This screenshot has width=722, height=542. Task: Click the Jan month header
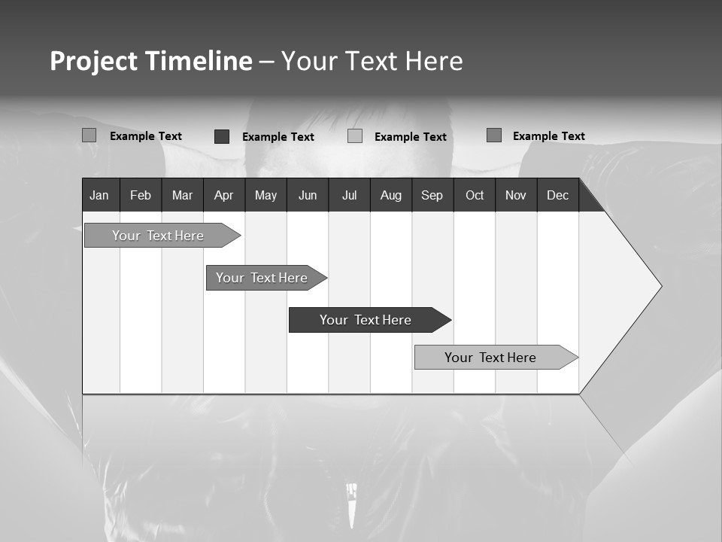point(99,195)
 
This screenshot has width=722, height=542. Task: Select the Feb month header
point(141,195)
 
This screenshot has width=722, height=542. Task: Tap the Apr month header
point(223,195)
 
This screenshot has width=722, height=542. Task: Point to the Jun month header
point(308,195)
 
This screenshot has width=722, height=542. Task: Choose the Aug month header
point(390,195)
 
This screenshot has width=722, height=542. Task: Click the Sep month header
point(432,195)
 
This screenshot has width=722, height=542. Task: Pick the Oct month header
point(475,195)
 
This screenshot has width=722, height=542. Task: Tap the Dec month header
point(557,195)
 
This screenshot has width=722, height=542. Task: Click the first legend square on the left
point(89,135)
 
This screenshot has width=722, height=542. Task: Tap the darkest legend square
point(222,136)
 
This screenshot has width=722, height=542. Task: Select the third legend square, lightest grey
point(355,136)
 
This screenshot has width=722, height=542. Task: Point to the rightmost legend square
point(494,135)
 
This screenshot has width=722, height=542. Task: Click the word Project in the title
point(93,61)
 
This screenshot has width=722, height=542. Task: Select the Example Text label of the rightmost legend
point(548,136)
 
